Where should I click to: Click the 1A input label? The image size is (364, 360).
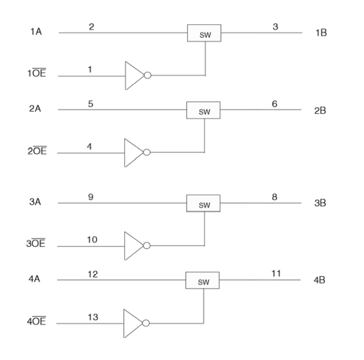[x=34, y=33]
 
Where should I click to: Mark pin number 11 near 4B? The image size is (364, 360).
[x=275, y=273]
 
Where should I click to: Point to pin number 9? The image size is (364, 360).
[x=91, y=197]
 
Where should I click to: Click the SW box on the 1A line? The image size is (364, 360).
[x=204, y=33]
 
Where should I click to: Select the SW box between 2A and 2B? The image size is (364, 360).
[x=203, y=111]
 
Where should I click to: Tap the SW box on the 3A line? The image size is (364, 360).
[x=203, y=204]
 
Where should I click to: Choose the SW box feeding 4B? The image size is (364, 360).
[x=203, y=281]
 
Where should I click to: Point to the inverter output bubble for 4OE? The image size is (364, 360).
[x=146, y=324]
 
